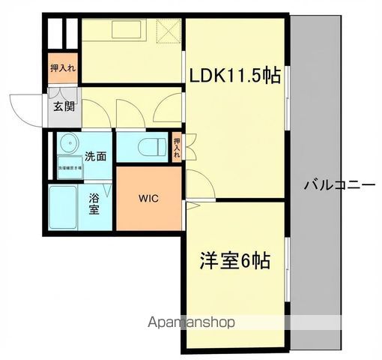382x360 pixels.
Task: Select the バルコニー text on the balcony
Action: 339,184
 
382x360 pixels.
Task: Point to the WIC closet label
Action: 148,199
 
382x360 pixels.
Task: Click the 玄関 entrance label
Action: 63,106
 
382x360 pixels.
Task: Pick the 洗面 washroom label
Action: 94,157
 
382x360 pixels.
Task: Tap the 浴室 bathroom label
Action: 94,205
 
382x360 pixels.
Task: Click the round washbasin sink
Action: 69,144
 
